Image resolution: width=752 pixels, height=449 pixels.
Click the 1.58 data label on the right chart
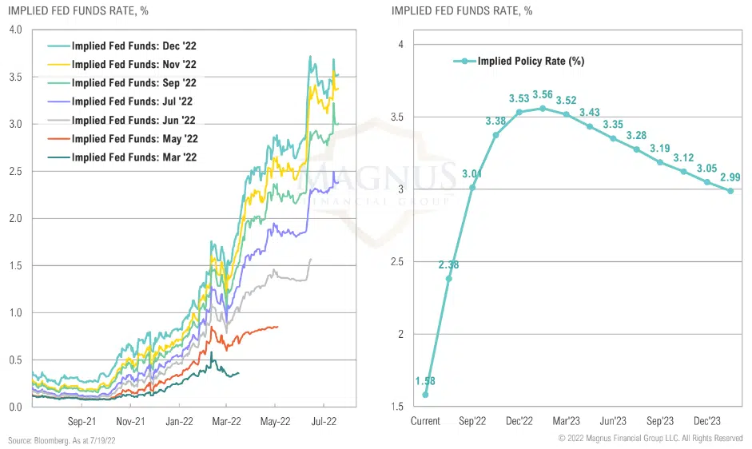click(425, 381)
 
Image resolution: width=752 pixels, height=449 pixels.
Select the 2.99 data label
click(730, 177)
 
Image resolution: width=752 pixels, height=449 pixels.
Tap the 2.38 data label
click(448, 264)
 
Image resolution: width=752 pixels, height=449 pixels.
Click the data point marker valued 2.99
click(730, 190)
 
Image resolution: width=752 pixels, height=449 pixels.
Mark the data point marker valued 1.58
click(425, 395)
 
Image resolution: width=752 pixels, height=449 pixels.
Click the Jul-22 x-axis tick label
click(322, 421)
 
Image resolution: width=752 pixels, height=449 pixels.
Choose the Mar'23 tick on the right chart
click(566, 421)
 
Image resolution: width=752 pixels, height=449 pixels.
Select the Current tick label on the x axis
click(425, 421)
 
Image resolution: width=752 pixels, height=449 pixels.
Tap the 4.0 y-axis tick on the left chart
click(15, 30)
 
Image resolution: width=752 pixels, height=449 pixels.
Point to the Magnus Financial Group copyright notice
click(651, 439)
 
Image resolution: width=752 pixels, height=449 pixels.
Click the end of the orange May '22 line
click(277, 326)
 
